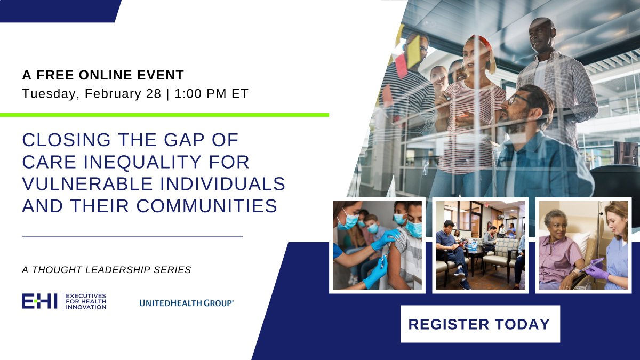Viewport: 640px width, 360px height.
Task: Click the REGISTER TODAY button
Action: (480, 324)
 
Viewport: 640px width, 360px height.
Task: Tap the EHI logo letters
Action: (39, 301)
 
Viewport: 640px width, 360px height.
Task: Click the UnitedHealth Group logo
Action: (186, 303)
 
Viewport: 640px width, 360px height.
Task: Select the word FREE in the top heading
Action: (55, 75)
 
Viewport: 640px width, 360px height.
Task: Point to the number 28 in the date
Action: (154, 94)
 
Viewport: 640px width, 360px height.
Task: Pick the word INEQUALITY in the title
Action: (142, 162)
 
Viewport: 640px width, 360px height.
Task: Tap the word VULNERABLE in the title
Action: (87, 183)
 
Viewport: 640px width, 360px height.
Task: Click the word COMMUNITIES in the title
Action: (206, 206)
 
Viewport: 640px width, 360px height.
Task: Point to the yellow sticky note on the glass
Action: (413, 51)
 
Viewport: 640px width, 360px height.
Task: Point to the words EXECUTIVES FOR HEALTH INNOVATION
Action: (86, 301)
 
